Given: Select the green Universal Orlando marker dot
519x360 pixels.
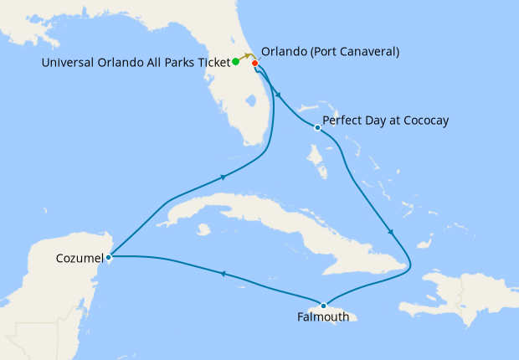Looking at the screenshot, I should (236, 61).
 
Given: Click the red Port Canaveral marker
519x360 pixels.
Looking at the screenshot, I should (254, 62).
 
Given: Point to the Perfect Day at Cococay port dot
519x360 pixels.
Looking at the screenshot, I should (317, 128).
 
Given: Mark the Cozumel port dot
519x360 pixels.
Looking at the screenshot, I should (110, 257).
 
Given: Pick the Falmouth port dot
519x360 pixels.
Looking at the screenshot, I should (324, 305).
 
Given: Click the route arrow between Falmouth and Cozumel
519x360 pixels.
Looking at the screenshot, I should (223, 273).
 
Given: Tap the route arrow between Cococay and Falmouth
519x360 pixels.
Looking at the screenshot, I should (390, 232).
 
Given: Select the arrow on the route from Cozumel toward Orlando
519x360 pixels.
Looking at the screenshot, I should (224, 177).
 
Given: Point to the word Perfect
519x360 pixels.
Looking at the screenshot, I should (342, 121).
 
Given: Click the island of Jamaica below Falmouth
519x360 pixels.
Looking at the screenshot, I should (343, 317).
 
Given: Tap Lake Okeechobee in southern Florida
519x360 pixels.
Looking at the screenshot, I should (249, 102).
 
